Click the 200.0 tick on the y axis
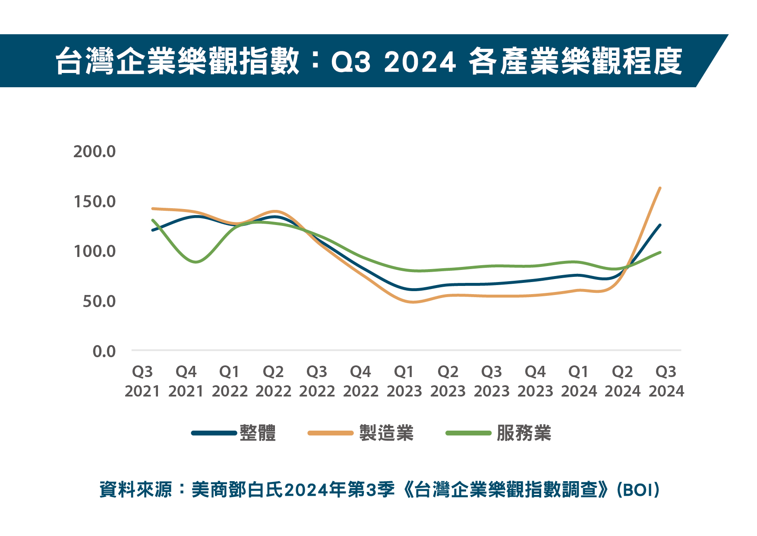click(x=95, y=152)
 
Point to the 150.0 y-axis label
click(x=95, y=202)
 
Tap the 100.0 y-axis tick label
click(x=95, y=251)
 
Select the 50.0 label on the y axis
click(x=99, y=301)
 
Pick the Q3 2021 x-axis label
click(x=142, y=381)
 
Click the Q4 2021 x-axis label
click(x=186, y=381)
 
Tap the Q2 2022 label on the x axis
click(x=273, y=381)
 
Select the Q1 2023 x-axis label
click(x=404, y=381)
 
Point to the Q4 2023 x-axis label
click(x=535, y=381)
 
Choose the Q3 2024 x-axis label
click(x=666, y=381)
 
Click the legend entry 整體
click(x=258, y=433)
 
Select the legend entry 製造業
click(x=386, y=433)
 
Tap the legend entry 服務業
click(x=524, y=433)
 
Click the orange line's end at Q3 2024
click(x=660, y=188)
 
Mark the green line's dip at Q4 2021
click(x=196, y=262)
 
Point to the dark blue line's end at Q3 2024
click(x=660, y=225)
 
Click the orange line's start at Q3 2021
click(x=153, y=209)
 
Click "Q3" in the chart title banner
click(x=350, y=62)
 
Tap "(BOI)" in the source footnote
click(x=638, y=490)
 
